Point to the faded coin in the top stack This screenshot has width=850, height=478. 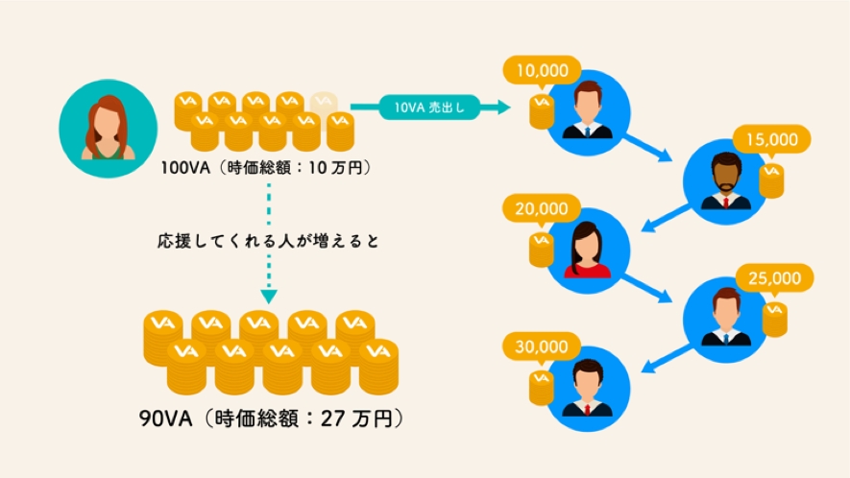pos(323,101)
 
